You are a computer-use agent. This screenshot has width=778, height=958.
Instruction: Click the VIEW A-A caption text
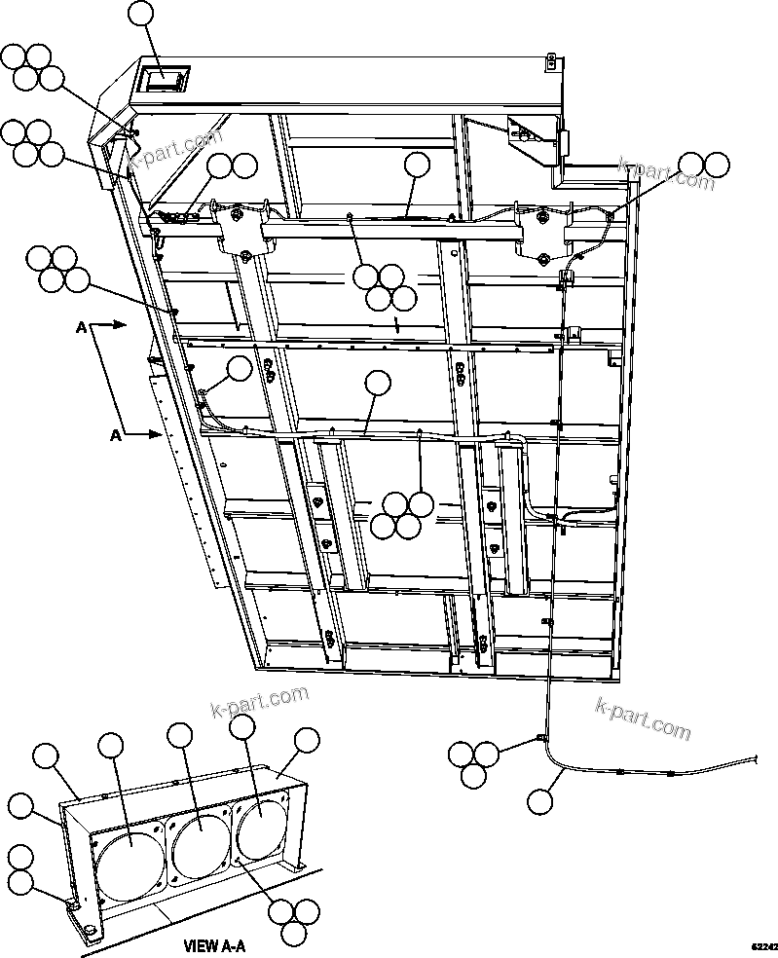pos(215,944)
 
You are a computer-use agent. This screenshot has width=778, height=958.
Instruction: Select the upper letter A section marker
pos(81,329)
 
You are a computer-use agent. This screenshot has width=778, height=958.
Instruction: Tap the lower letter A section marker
pos(115,437)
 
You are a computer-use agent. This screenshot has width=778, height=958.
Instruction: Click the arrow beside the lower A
pos(147,434)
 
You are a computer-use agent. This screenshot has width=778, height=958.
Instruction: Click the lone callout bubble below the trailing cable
pos(538,802)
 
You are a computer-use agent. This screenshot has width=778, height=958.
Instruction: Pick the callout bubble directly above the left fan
pos(111,747)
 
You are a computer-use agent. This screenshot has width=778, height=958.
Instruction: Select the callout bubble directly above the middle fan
pos(179,736)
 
